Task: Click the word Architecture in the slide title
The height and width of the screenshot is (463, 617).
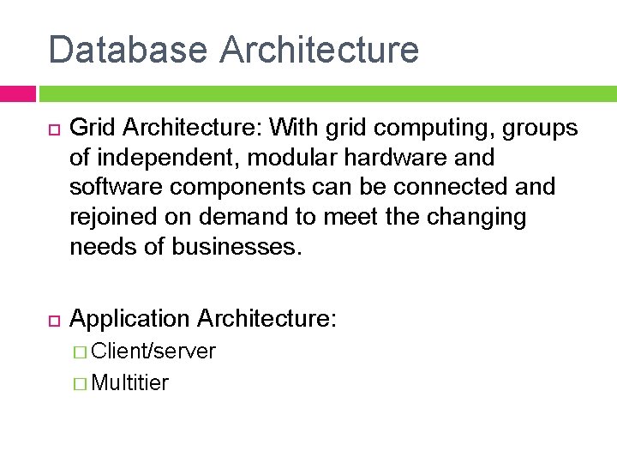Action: click(319, 50)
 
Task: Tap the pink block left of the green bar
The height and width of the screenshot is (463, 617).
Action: click(18, 93)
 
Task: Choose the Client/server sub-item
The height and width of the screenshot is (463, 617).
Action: click(153, 352)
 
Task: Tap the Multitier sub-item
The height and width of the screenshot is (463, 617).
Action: click(130, 382)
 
